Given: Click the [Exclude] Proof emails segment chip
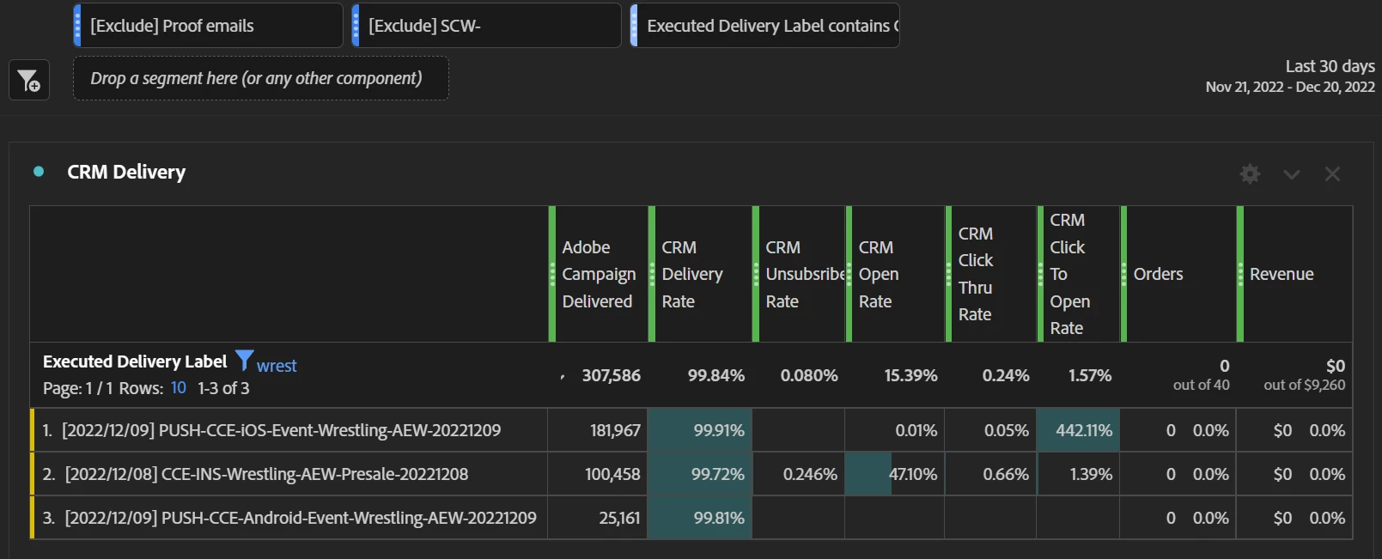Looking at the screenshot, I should pyautogui.click(x=208, y=26).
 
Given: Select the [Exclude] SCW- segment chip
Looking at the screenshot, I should pyautogui.click(x=486, y=26).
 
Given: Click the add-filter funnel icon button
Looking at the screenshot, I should pyautogui.click(x=29, y=81).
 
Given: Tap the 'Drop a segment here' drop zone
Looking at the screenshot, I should pyautogui.click(x=260, y=79).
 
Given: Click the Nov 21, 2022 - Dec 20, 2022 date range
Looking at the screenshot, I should pyautogui.click(x=1289, y=87).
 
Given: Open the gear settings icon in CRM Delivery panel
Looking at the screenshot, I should pyautogui.click(x=1250, y=174).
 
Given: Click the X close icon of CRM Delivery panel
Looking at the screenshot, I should pyautogui.click(x=1332, y=174).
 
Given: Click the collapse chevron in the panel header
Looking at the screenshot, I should pyautogui.click(x=1291, y=174).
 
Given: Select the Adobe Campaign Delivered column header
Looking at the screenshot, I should pyautogui.click(x=599, y=274).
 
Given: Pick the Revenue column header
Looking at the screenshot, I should pyautogui.click(x=1282, y=274).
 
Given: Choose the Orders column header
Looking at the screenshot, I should pyautogui.click(x=1158, y=274).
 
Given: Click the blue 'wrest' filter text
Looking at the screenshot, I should pyautogui.click(x=277, y=366).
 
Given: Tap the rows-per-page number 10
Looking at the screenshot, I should pyautogui.click(x=178, y=387).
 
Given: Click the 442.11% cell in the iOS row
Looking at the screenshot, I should pyautogui.click(x=1083, y=430).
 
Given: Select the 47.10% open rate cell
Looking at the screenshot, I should pyautogui.click(x=912, y=474).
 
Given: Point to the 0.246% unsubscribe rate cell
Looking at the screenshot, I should pyautogui.click(x=809, y=474).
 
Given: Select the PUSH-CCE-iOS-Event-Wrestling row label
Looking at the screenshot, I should pyautogui.click(x=281, y=430).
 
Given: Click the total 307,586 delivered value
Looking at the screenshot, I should pyautogui.click(x=611, y=375).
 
